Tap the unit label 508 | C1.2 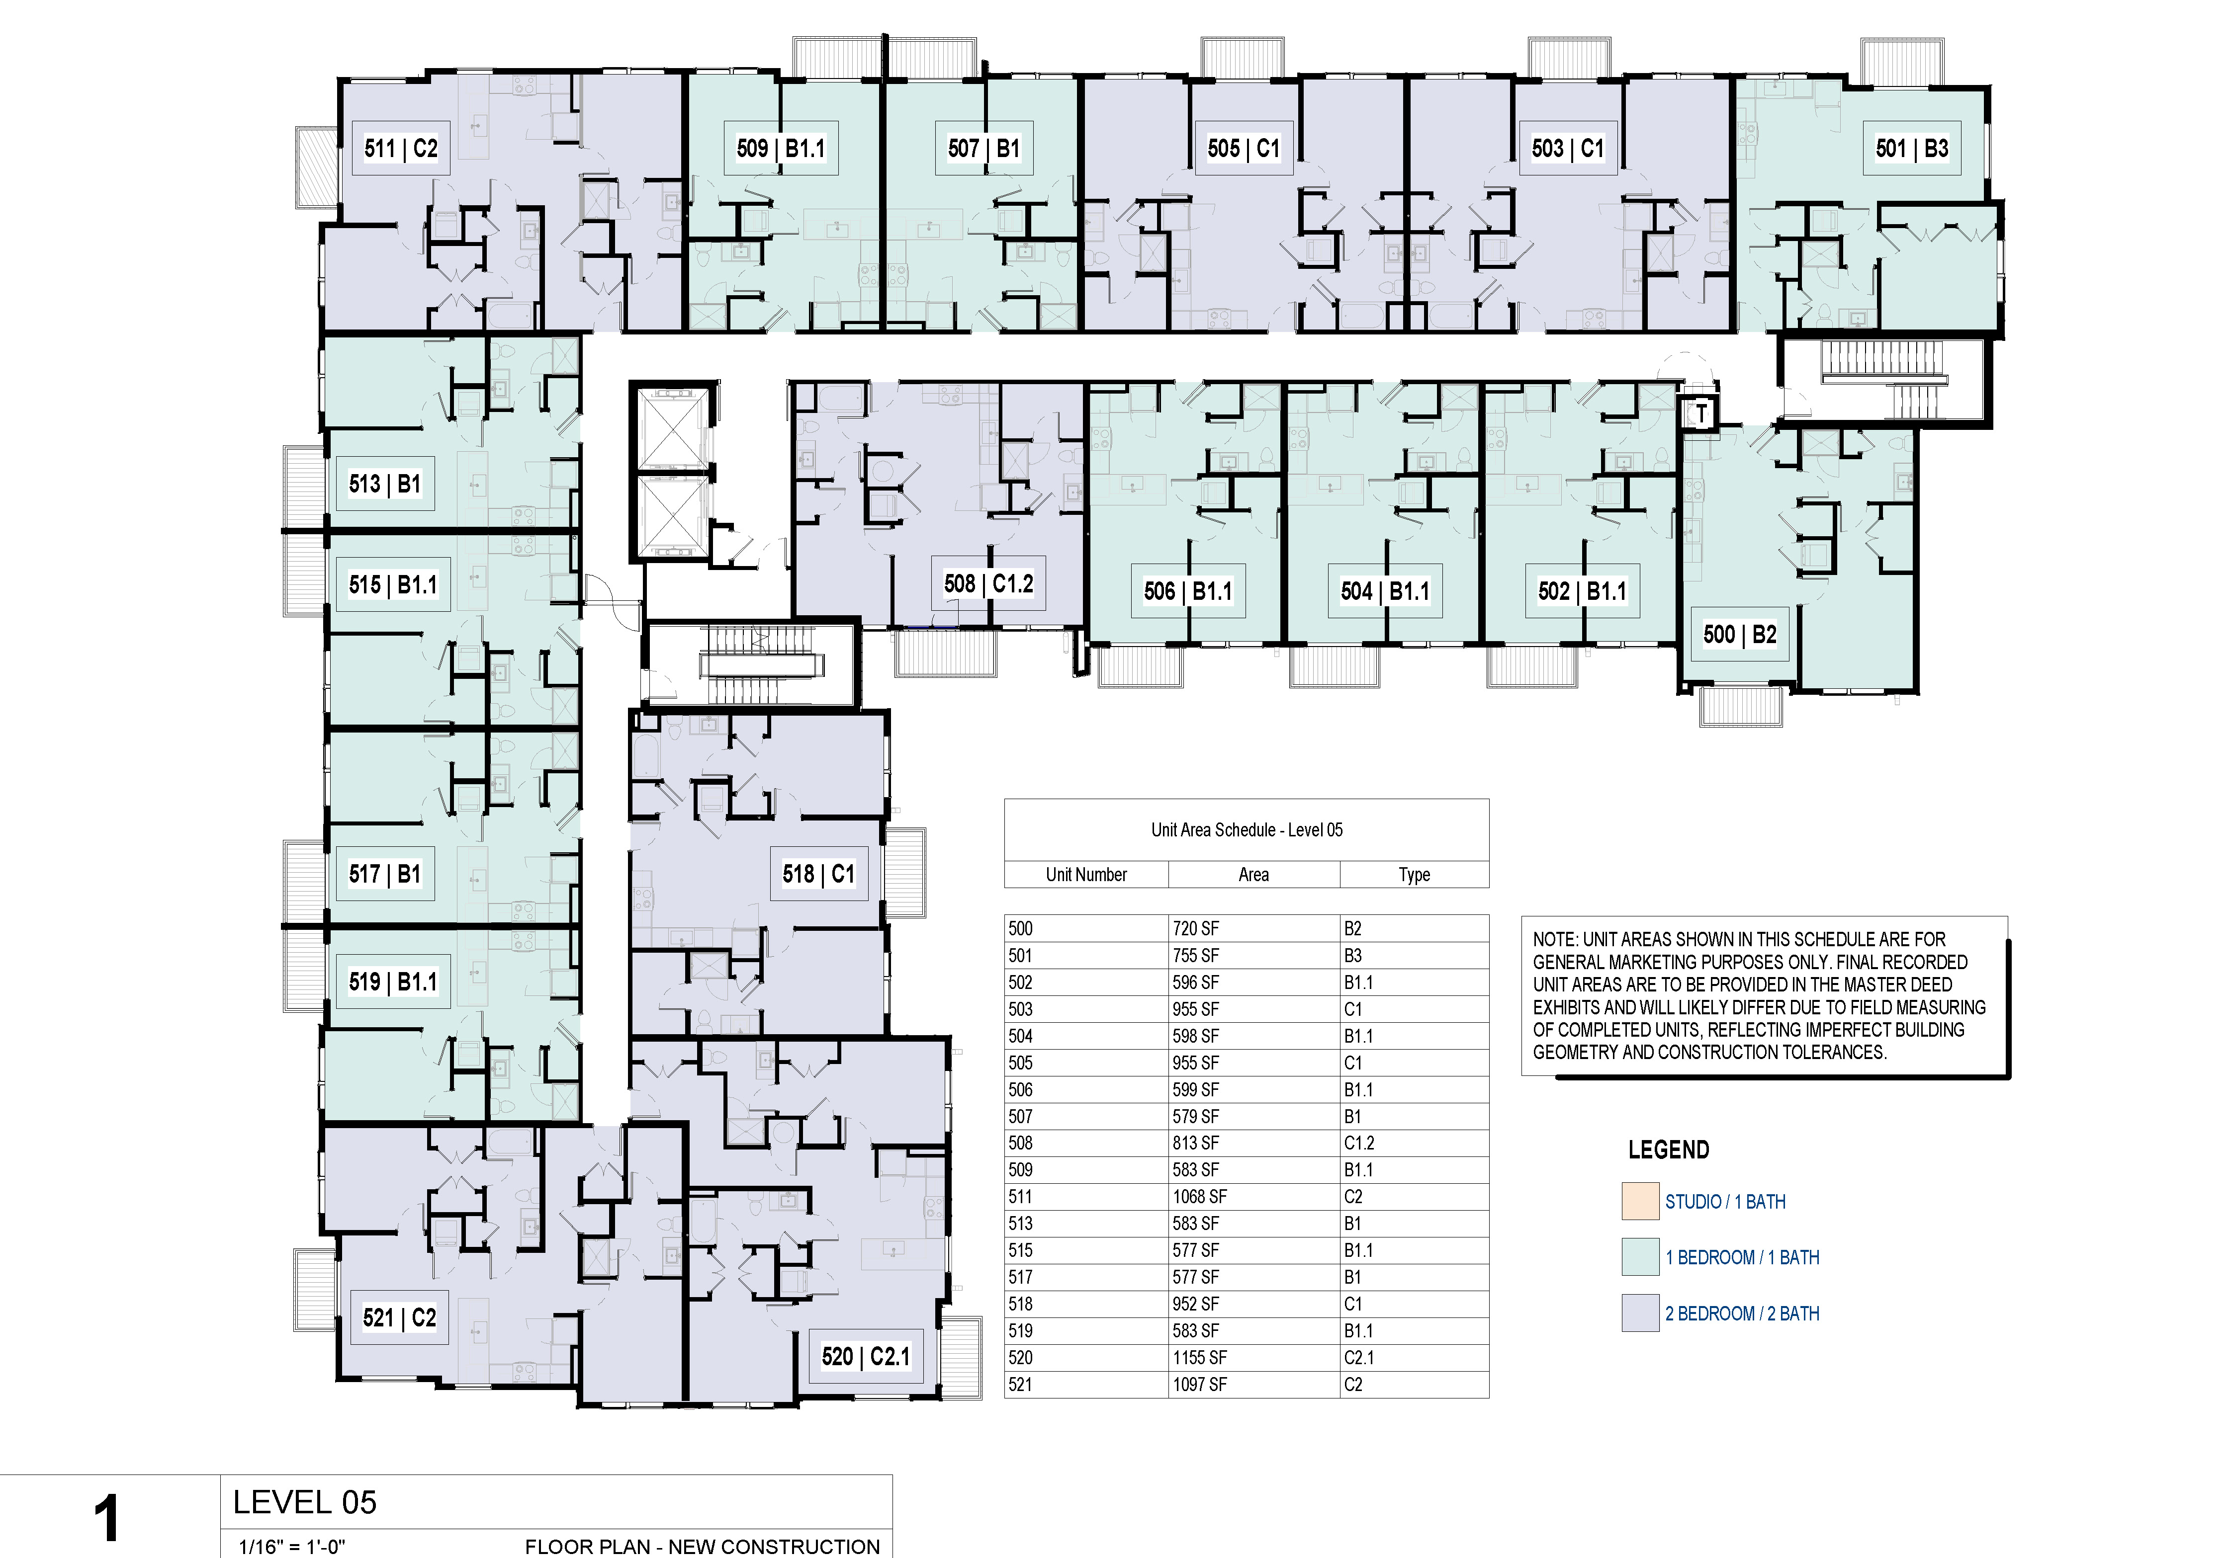(988, 584)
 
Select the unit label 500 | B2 (1739, 635)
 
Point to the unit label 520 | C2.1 (865, 1357)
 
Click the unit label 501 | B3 (1911, 149)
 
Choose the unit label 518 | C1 (818, 874)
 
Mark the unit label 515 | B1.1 (393, 585)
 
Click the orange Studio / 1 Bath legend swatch (1640, 1202)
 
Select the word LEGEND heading (1668, 1150)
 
